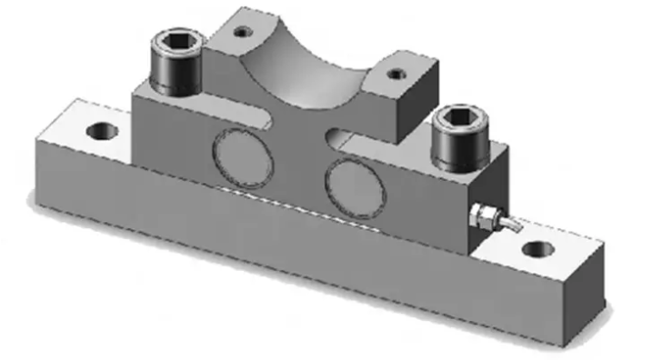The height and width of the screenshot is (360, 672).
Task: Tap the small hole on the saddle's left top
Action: point(241,32)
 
